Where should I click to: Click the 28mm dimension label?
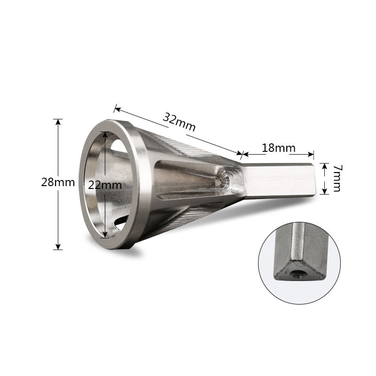[x=57, y=182]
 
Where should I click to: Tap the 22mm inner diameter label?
[x=105, y=185]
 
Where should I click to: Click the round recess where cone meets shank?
[x=230, y=179]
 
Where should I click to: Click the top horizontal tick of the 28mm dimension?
[x=58, y=119]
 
